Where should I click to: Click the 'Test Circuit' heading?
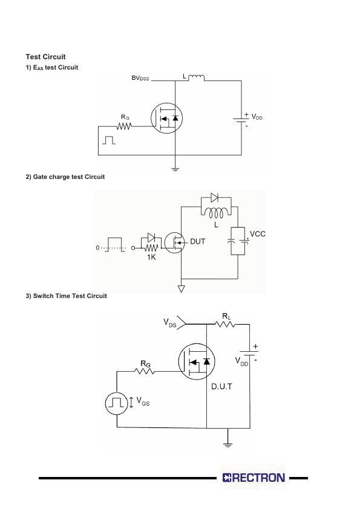[45, 57]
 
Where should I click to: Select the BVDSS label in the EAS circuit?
[140, 78]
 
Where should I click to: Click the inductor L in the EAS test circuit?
[196, 77]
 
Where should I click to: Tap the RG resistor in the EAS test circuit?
[124, 126]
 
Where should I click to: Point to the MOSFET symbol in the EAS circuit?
[166, 118]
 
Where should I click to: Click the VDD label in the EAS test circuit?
[257, 117]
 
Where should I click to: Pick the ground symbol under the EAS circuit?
[175, 169]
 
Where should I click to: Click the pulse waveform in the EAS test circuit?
[108, 140]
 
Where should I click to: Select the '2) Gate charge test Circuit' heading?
[65, 177]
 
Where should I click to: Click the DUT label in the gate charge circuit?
[197, 242]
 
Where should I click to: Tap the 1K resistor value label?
[151, 257]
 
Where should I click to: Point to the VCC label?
[258, 234]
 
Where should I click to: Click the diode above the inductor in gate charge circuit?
[214, 197]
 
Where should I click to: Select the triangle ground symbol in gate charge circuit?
[182, 288]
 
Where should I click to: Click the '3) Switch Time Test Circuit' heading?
[67, 296]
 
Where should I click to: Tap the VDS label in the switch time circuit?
[169, 323]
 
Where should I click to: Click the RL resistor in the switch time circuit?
[225, 323]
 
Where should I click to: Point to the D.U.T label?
[221, 387]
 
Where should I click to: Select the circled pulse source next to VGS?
[116, 403]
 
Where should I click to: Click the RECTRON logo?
[254, 478]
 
